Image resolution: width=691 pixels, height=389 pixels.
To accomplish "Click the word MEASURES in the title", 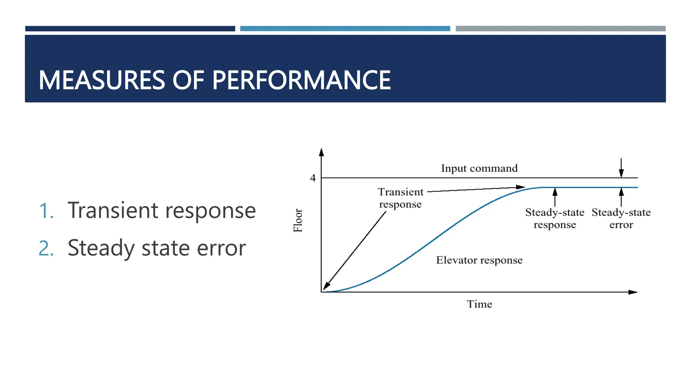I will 102,80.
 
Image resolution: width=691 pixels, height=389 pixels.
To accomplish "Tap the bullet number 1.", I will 46,211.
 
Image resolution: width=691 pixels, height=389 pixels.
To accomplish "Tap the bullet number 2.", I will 46,249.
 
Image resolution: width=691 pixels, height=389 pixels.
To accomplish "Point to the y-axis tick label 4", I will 313,178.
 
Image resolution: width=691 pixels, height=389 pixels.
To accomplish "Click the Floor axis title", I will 298,221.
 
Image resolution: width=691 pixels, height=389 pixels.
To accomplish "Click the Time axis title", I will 479,304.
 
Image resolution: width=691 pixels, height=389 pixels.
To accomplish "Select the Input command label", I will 479,168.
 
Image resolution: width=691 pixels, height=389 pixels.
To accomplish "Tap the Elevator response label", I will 479,260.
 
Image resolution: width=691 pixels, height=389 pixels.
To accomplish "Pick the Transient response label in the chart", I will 400,198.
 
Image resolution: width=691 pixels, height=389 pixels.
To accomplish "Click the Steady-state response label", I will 555,218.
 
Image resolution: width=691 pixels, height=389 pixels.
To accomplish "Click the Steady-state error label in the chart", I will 621,218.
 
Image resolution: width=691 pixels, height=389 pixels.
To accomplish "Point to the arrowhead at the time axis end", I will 633,292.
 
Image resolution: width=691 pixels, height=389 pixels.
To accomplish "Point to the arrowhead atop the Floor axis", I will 321,152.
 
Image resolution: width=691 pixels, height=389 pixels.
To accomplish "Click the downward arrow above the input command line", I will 621,172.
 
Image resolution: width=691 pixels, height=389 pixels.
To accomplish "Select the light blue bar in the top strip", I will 345,29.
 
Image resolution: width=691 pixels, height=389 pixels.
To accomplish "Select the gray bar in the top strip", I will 560,29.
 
